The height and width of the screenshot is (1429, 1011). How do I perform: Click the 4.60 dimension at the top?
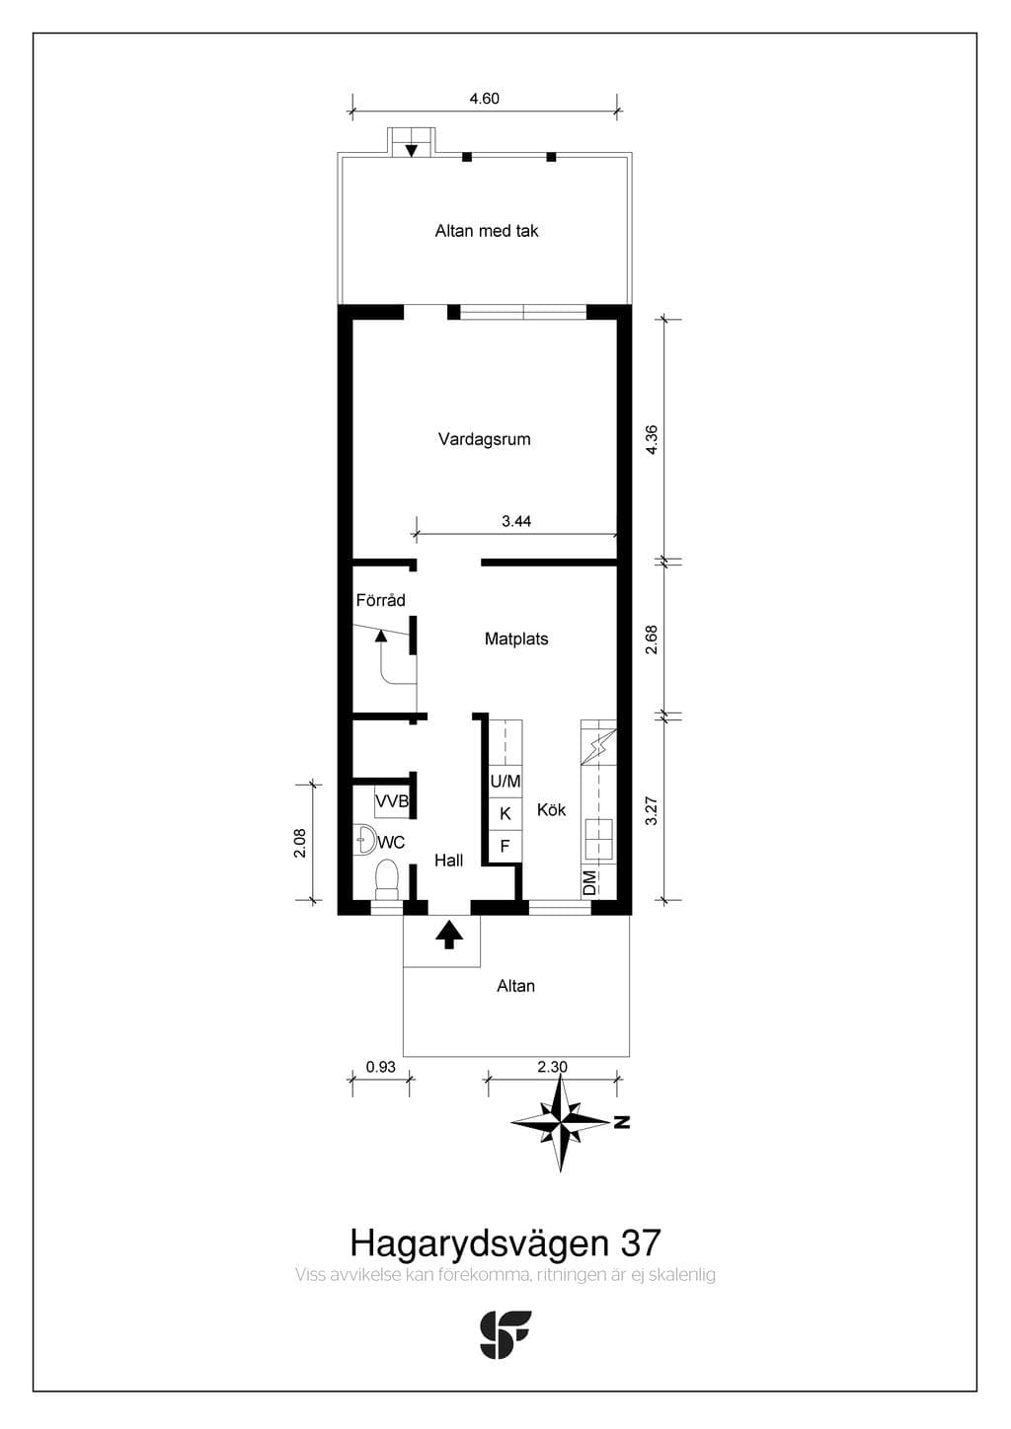pos(485,99)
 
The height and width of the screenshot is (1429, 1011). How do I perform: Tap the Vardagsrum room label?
pos(485,439)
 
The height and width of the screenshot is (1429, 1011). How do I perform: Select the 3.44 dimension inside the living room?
pos(516,521)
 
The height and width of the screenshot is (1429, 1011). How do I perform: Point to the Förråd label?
pos(380,600)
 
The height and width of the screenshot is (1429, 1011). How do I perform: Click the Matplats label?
pos(516,639)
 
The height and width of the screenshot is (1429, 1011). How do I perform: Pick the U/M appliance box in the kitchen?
pos(505,781)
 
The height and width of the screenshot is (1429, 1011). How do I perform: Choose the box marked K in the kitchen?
pos(505,814)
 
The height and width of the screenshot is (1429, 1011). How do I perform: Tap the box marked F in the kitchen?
pos(505,847)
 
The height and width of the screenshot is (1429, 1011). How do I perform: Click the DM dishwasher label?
pos(589,883)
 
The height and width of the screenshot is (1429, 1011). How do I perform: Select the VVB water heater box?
pos(391,802)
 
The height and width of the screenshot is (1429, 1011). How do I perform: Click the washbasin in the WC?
pos(365,840)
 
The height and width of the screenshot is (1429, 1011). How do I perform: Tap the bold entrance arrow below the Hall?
pos(449,935)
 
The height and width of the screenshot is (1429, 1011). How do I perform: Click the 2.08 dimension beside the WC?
pos(300,842)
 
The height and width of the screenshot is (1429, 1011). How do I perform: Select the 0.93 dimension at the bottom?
pos(381,1067)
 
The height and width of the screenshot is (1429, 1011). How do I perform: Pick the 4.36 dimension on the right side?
pos(652,439)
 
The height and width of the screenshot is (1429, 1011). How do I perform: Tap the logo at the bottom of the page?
pos(505,1334)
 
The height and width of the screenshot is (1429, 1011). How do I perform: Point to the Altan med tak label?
pos(487,230)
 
